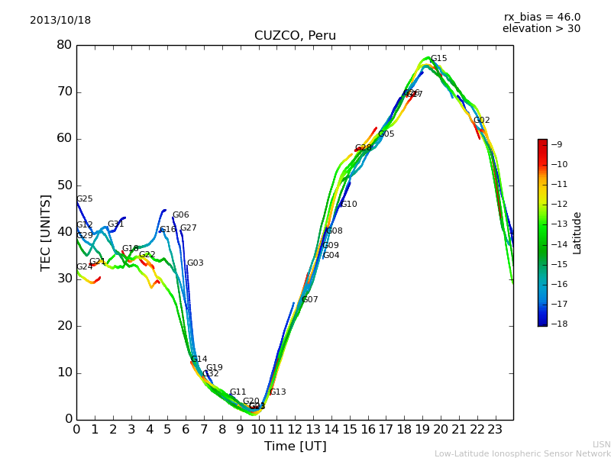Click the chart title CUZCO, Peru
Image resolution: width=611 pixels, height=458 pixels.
click(295, 36)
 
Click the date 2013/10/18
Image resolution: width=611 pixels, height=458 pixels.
click(60, 21)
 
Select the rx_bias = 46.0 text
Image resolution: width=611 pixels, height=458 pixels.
click(541, 17)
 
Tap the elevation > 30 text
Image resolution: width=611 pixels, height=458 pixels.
click(541, 29)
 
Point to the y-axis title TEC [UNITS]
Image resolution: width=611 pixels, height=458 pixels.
click(46, 232)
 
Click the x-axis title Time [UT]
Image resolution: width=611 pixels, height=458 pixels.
click(295, 447)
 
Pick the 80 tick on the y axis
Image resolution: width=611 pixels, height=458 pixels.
click(64, 45)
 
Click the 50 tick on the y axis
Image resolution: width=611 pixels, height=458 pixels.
click(64, 185)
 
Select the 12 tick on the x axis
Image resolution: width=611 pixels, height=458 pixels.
click(295, 429)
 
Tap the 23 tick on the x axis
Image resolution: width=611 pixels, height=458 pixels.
click(495, 429)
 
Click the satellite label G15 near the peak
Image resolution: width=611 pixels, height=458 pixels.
click(438, 59)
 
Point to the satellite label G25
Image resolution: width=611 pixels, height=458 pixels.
click(84, 199)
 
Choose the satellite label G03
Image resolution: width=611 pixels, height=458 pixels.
click(195, 263)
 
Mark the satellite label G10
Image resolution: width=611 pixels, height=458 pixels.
click(348, 205)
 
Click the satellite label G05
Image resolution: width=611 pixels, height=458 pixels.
click(386, 134)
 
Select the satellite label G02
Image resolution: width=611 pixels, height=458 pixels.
click(481, 121)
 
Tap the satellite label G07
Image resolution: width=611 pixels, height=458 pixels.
click(309, 300)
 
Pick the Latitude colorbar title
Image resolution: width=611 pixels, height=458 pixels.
click(577, 233)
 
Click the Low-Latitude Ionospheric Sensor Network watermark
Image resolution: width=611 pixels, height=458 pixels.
click(522, 454)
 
